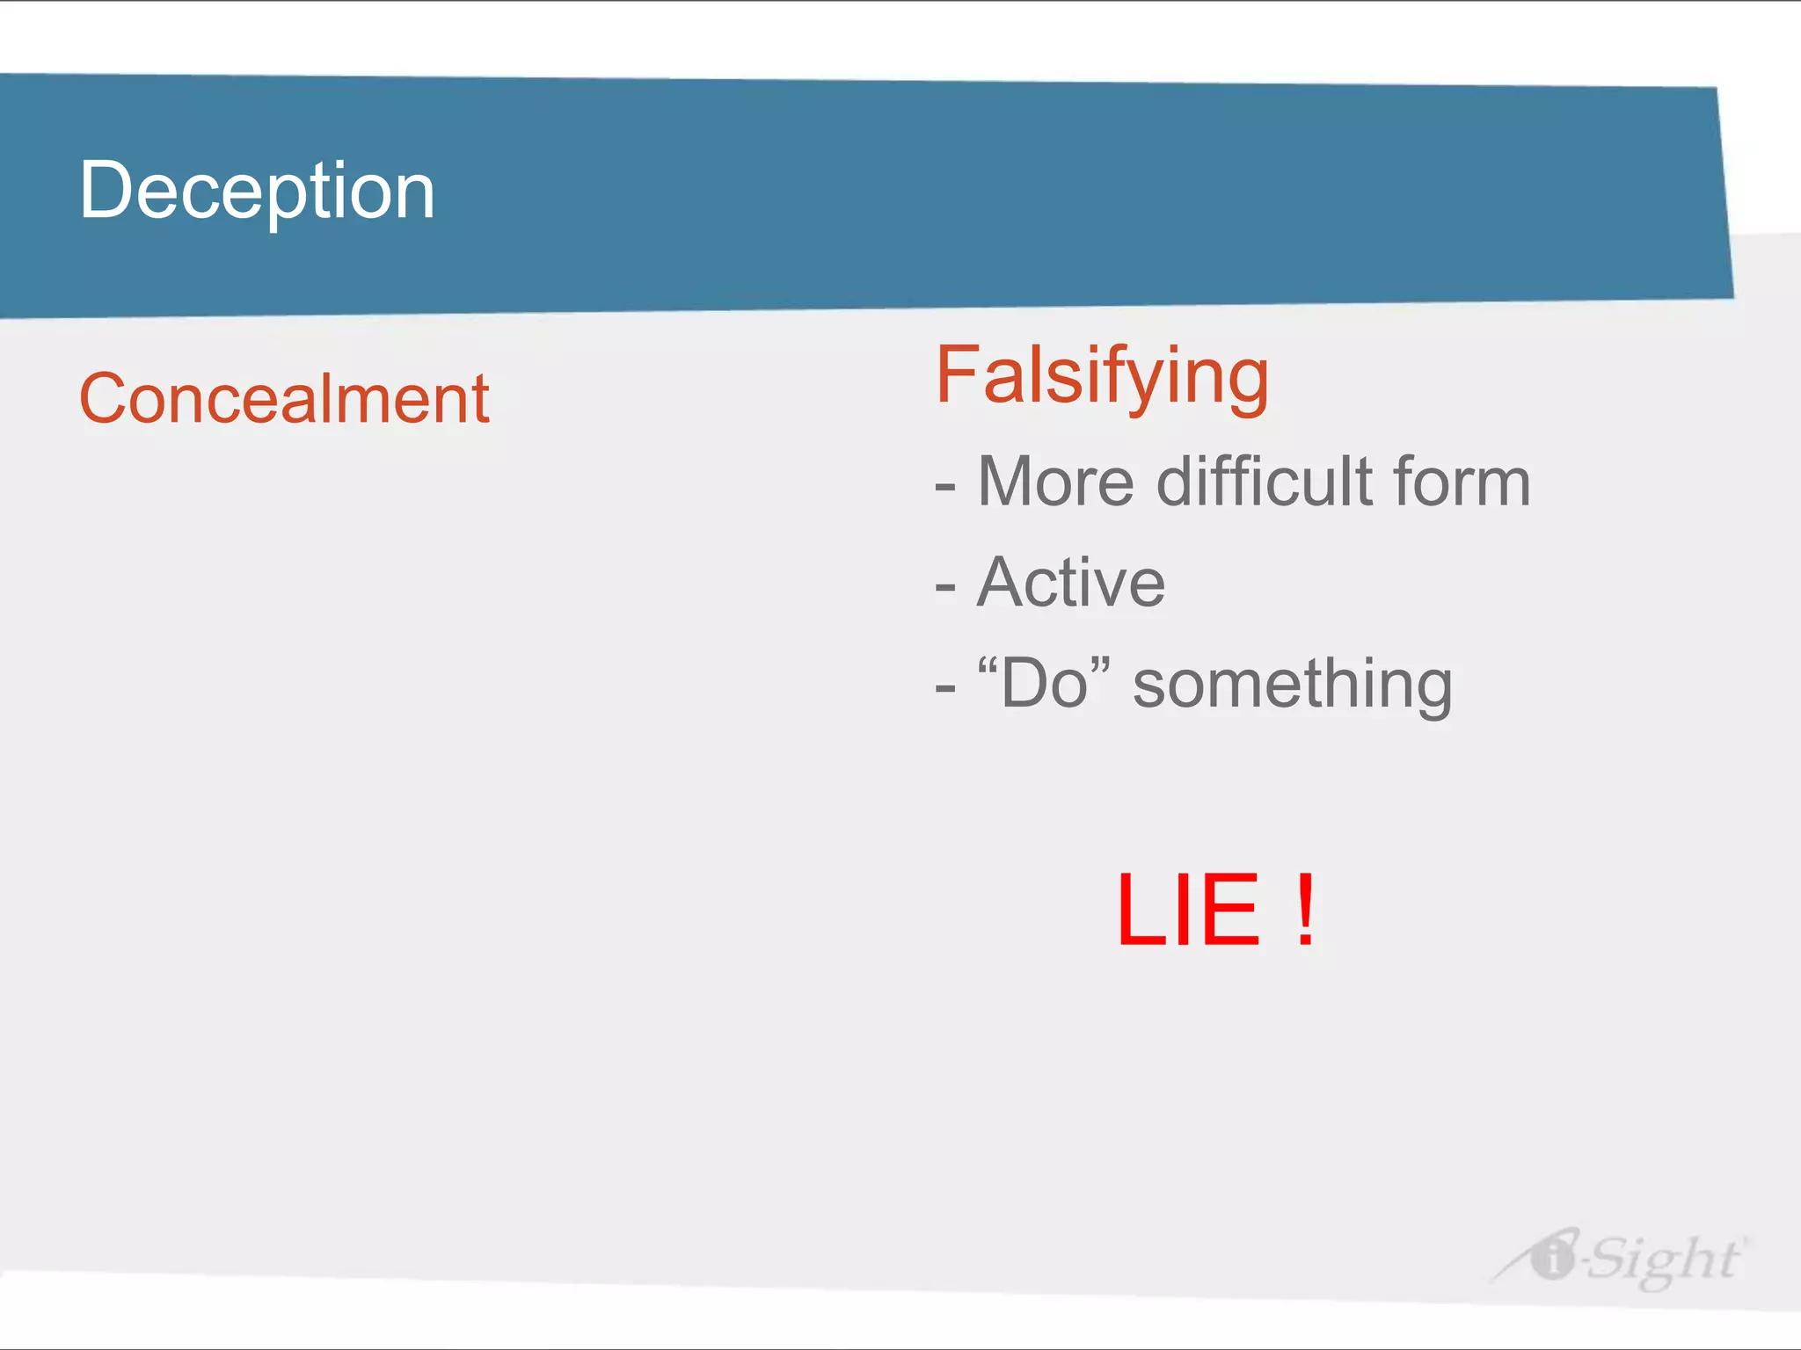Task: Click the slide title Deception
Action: (x=257, y=191)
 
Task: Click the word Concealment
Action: (x=284, y=399)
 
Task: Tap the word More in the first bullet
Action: (x=1055, y=483)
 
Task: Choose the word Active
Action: (x=1071, y=583)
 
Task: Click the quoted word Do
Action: (x=1044, y=683)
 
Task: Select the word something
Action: (x=1292, y=685)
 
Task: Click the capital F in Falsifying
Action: (x=957, y=375)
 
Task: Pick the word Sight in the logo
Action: (x=1664, y=1259)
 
